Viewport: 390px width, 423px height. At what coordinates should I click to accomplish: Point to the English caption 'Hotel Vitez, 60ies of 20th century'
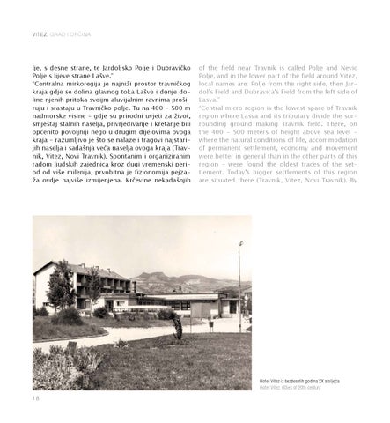point(291,386)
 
